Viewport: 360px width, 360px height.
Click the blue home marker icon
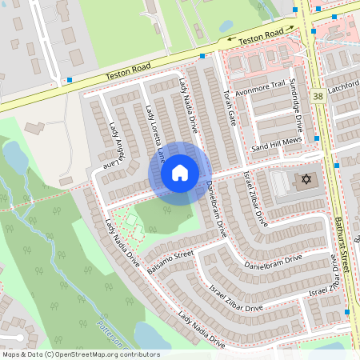click(x=180, y=173)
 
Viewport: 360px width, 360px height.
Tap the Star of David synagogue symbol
click(x=303, y=182)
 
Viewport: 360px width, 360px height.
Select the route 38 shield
click(x=318, y=96)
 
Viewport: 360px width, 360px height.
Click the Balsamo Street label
click(x=170, y=262)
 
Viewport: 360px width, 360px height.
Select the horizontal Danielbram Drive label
click(x=273, y=262)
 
